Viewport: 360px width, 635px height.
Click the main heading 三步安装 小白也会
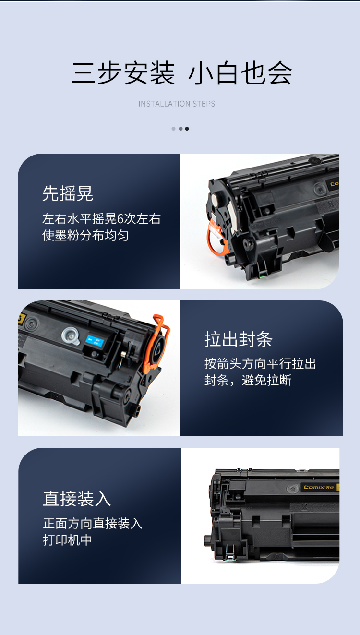[181, 73]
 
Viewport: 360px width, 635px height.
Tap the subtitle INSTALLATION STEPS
[177, 104]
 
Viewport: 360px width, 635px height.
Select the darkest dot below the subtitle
[187, 129]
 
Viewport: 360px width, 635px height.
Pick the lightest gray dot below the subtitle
[173, 129]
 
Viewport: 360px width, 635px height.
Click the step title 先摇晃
[68, 193]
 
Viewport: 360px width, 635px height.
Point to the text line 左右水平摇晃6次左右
[101, 219]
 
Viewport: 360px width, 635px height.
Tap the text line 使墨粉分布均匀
[85, 235]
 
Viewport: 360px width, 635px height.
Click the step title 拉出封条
[239, 339]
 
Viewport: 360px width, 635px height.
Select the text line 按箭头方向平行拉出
[260, 364]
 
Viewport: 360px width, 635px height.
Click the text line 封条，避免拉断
[248, 380]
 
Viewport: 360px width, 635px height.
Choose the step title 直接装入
[77, 499]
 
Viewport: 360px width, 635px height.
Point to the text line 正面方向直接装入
[93, 523]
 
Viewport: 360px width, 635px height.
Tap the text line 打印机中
[68, 540]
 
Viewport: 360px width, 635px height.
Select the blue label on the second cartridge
[95, 342]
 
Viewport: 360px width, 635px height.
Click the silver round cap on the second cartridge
[71, 336]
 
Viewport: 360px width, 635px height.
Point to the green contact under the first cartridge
[263, 275]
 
